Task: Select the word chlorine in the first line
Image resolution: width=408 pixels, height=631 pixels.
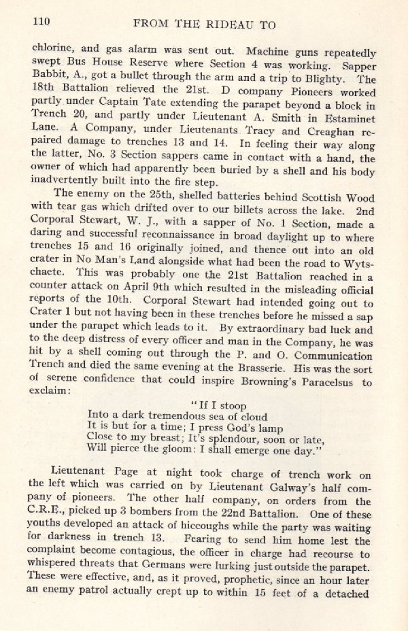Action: click(52, 48)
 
